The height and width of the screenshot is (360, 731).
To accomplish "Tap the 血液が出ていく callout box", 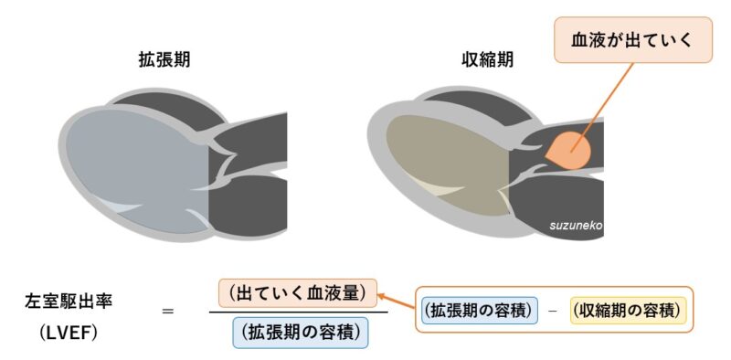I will click(x=632, y=41).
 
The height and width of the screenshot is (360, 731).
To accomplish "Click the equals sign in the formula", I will click(x=167, y=312).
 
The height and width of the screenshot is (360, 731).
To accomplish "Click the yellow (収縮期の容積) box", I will click(x=626, y=312).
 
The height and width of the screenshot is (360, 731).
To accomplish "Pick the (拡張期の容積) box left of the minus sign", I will click(x=479, y=312).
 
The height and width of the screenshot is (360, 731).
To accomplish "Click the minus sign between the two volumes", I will click(x=552, y=312).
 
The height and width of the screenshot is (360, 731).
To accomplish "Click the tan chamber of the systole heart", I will click(x=448, y=164).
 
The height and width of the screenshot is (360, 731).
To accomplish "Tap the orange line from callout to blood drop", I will click(x=599, y=101).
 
